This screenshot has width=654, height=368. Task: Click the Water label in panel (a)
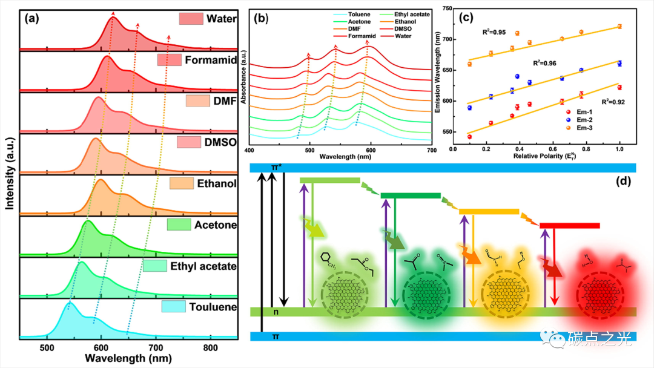point(221,19)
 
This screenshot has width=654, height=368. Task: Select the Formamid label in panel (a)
point(210,60)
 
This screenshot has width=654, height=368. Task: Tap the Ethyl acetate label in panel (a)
point(203,266)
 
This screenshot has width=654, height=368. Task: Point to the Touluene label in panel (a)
point(212,307)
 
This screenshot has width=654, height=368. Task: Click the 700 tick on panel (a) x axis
point(156,347)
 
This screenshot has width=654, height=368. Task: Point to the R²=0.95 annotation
point(494,31)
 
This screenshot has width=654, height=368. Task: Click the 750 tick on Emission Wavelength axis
point(447,8)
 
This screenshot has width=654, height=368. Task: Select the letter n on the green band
point(276,312)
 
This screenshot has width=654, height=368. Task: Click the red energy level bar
point(569,226)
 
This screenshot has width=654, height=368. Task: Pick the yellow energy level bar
point(489,211)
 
